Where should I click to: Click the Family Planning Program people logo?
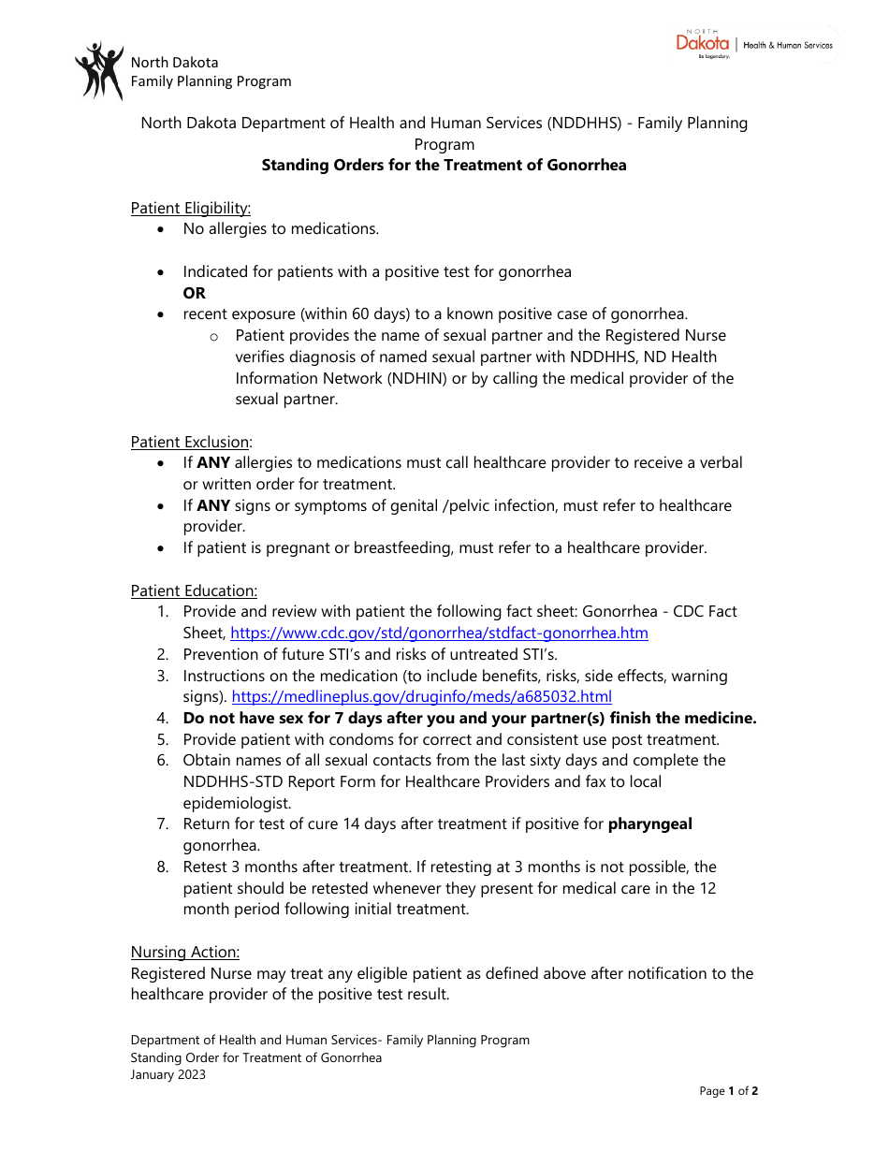pos(98,71)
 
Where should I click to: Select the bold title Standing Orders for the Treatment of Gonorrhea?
pos(444,166)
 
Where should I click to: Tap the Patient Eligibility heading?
pos(190,208)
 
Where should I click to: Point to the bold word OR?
pos(194,293)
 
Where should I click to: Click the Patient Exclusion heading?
pos(190,442)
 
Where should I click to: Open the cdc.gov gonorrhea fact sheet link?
pos(439,634)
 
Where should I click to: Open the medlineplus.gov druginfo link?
pos(421,697)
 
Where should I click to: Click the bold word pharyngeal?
pos(649,824)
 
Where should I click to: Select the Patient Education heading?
pos(194,590)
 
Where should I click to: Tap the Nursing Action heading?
pos(184,952)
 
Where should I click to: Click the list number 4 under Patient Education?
pos(162,719)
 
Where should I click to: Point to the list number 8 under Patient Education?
pos(162,867)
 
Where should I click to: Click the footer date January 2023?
pos(168,1074)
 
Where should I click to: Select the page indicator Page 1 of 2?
pos(728,1091)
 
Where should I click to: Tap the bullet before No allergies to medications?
pos(163,229)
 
